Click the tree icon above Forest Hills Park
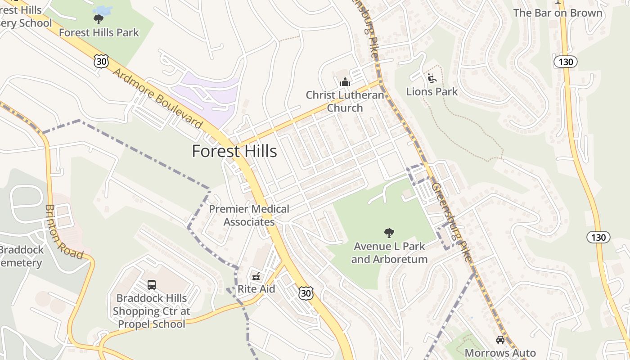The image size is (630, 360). pos(98,19)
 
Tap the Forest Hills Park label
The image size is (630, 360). pos(99,33)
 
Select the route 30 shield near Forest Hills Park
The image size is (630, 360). pos(101,61)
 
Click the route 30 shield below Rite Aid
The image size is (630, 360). pos(306,293)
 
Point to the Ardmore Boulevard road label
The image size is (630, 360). pos(157,98)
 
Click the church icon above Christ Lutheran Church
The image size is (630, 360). pos(345,82)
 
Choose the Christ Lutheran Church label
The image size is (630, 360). pos(345,102)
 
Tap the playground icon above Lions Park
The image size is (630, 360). pos(432,78)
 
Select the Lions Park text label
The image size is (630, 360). pos(432,92)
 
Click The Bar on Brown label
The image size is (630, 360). pos(558,13)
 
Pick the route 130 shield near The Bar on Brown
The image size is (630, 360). pos(565,62)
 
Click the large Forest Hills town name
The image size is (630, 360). pos(234,151)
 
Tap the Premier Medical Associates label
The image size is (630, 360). pos(249,216)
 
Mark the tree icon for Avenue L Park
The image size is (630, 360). pos(389,233)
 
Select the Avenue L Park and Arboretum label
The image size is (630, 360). pos(389,253)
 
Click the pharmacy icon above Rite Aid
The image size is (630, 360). pos(256,276)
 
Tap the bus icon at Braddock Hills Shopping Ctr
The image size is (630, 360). pos(152,285)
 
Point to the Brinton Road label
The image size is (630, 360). pos(63,232)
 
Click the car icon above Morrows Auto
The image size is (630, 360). pos(500,340)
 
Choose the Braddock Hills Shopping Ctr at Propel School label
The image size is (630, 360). pos(152,311)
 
